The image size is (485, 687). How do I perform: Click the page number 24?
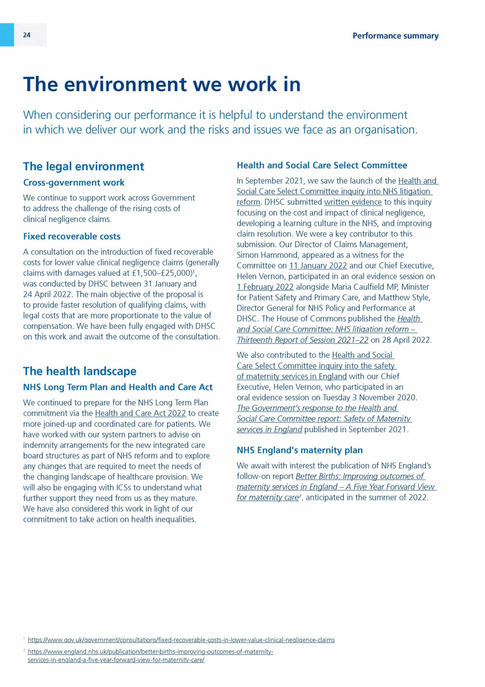point(27,35)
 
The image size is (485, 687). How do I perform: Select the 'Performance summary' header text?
point(395,36)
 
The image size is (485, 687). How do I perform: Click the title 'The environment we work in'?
point(162,84)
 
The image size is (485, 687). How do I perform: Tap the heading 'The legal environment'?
point(84,166)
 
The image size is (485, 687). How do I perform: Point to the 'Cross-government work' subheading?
point(74,182)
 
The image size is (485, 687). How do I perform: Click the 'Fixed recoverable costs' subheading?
point(72,236)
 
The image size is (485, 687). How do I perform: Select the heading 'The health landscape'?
point(80,371)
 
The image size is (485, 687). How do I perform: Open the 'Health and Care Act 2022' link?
point(140,413)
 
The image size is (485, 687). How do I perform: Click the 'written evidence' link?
point(353,202)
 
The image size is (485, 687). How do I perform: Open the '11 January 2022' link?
point(318,266)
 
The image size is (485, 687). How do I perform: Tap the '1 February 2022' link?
point(265,287)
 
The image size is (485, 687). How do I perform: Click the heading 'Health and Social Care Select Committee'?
point(322,165)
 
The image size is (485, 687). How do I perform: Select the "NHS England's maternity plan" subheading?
point(300,450)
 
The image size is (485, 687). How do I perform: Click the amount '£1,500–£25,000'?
point(161,273)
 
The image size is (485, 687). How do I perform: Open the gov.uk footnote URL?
point(181,640)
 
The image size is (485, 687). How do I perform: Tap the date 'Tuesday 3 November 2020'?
point(369,398)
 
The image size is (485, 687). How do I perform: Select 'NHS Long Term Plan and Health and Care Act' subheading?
point(118,387)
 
